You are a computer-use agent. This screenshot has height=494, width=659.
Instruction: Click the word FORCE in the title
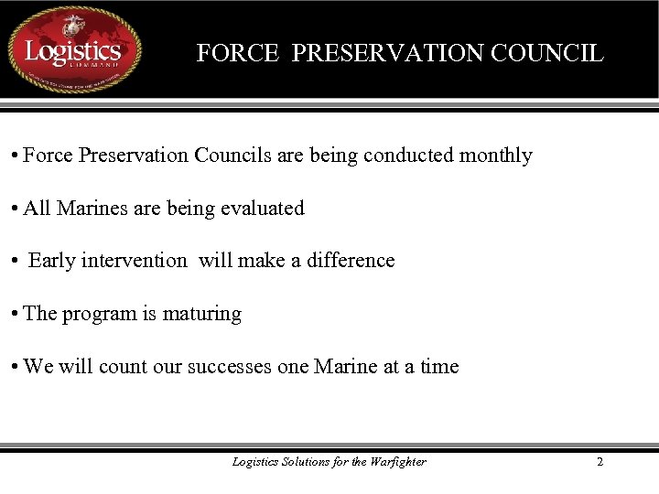(x=237, y=53)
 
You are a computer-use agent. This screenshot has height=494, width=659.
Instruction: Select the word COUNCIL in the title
(x=546, y=53)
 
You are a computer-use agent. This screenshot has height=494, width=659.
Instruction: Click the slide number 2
(x=600, y=462)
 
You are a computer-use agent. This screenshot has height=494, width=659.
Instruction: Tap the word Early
(x=51, y=261)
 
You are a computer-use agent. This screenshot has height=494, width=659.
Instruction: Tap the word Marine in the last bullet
(x=345, y=367)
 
